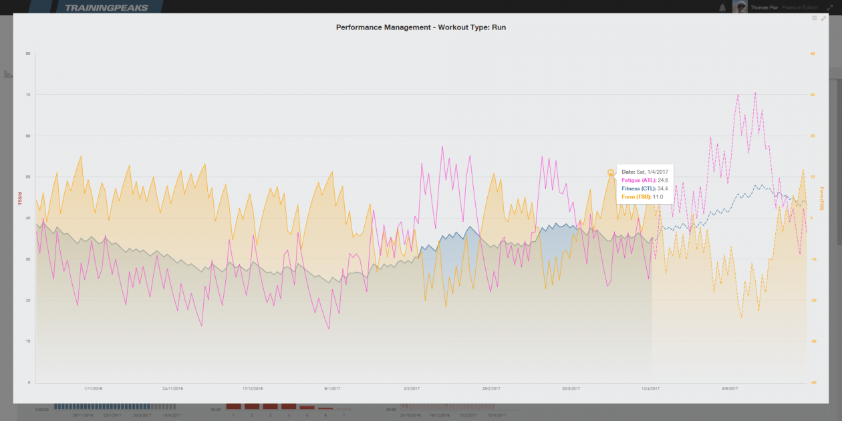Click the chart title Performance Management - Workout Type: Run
click(421, 28)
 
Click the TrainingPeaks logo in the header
click(107, 7)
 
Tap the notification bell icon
click(722, 7)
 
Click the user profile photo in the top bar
click(740, 7)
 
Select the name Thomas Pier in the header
click(764, 7)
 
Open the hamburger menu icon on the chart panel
click(814, 18)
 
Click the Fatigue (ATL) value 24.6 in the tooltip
click(659, 180)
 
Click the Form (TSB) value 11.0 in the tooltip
click(658, 196)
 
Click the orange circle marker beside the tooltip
click(611, 172)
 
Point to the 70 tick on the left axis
click(28, 95)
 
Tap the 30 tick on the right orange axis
click(813, 95)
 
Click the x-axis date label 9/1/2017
click(332, 388)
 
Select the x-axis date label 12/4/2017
click(650, 388)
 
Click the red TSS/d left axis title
click(20, 219)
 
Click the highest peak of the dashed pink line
click(755, 93)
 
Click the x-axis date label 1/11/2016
click(93, 388)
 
